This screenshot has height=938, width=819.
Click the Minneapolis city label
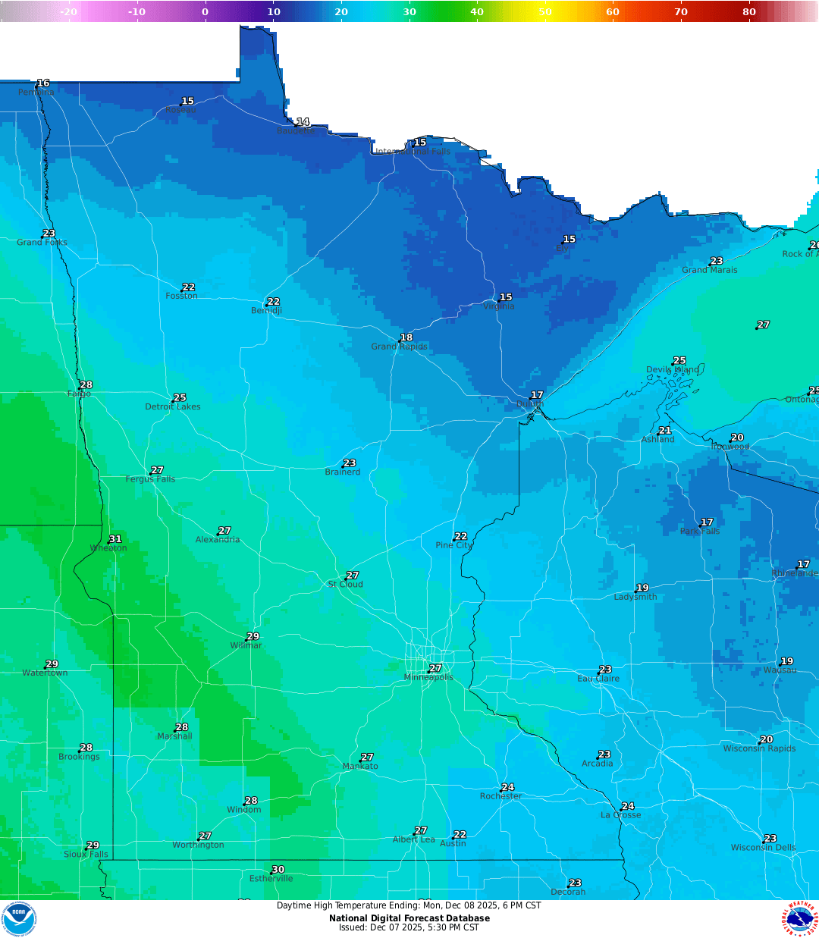coord(428,678)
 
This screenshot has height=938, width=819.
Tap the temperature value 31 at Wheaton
coord(115,539)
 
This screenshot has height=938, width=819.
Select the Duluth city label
coord(530,404)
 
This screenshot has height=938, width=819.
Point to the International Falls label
coord(413,152)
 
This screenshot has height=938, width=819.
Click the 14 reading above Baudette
coord(303,122)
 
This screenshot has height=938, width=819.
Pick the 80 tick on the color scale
coord(749,11)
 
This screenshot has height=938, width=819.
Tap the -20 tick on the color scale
coord(68,11)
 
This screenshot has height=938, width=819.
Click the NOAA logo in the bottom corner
coord(18,918)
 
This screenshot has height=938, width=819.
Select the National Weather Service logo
coord(800,918)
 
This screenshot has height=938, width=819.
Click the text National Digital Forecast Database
coord(409,918)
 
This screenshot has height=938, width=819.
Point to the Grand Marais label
coord(709,270)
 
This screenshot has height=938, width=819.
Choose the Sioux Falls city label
coord(86,855)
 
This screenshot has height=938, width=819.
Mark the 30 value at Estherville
coord(278,870)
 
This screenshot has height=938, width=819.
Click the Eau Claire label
coord(598,679)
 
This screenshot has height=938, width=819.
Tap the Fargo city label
coord(79,394)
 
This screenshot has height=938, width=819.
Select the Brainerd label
coord(343,472)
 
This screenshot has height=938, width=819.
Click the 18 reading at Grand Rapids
coord(406,337)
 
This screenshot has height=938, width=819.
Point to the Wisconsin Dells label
coord(763,848)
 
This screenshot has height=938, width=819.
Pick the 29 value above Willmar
coord(253,637)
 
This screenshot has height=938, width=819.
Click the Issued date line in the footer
coord(409,927)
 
